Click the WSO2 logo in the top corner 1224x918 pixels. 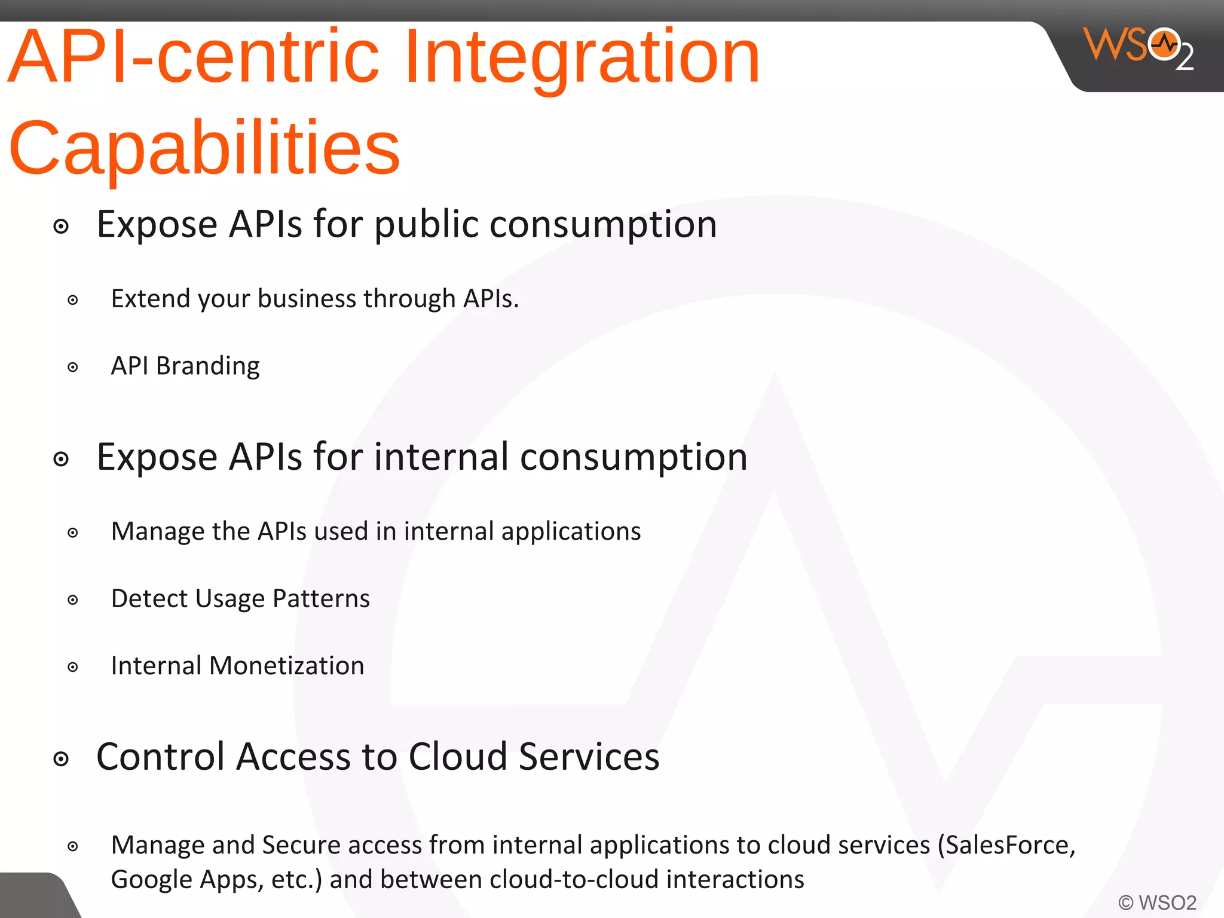coord(1138,48)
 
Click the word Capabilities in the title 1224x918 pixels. coord(204,148)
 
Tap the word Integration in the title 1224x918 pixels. coord(582,57)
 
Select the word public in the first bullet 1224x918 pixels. coord(427,225)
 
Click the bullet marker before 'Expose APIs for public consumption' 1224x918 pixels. coord(61,227)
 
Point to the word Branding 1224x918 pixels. coord(207,366)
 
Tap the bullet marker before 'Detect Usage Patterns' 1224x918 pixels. coord(73,600)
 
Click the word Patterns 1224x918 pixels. coord(321,599)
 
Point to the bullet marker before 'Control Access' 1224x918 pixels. coord(61,759)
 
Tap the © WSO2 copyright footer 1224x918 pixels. coord(1157,902)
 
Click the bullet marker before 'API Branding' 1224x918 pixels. coord(73,367)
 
